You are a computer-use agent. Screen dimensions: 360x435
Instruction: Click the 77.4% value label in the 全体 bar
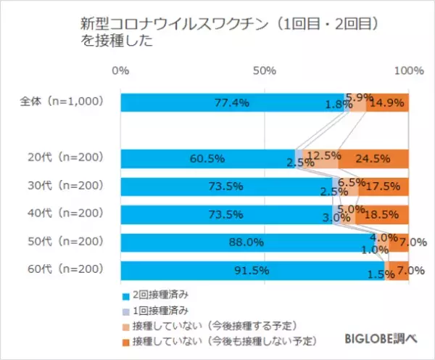232,103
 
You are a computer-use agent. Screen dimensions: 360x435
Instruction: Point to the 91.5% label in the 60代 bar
252,271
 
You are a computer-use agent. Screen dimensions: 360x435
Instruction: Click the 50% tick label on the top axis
265,70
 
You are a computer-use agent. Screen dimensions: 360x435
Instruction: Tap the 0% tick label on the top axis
121,70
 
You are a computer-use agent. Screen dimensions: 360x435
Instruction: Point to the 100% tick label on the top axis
409,70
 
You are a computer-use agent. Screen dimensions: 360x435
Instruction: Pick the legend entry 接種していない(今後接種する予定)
207,324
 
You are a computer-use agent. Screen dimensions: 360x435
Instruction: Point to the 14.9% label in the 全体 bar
387,103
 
